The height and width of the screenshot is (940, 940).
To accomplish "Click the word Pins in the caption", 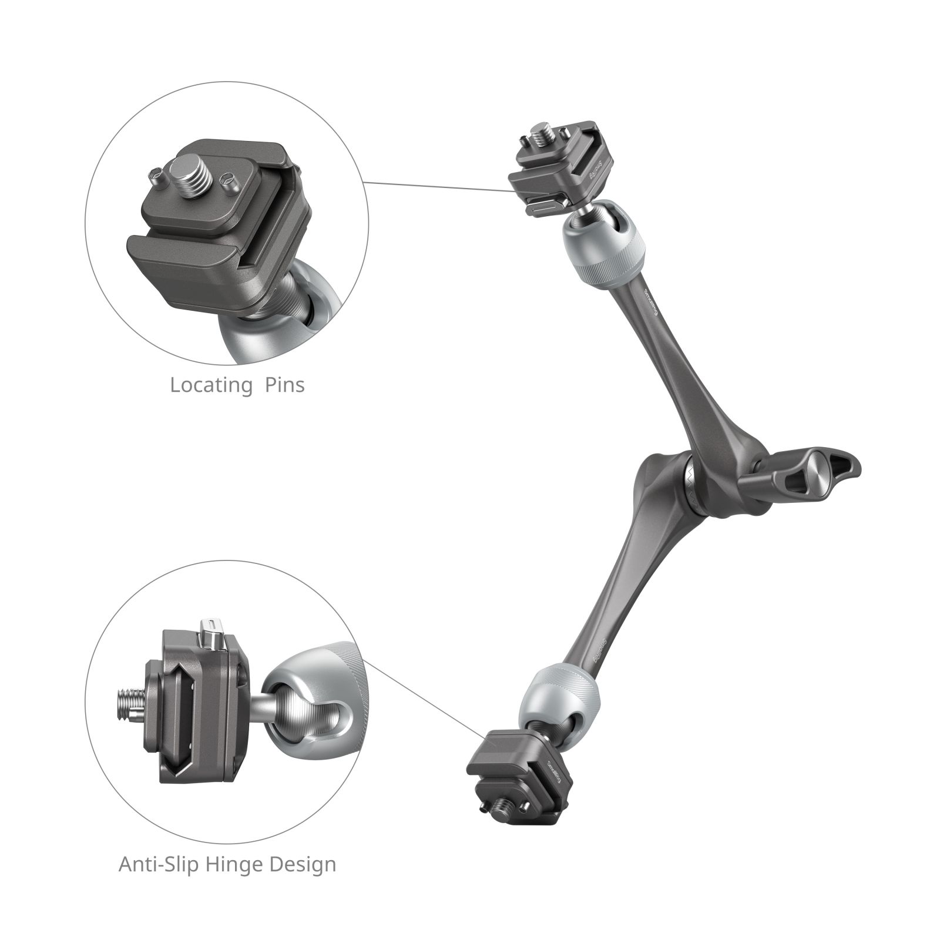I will [284, 385].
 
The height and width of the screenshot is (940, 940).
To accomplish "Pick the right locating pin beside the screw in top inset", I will [228, 180].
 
